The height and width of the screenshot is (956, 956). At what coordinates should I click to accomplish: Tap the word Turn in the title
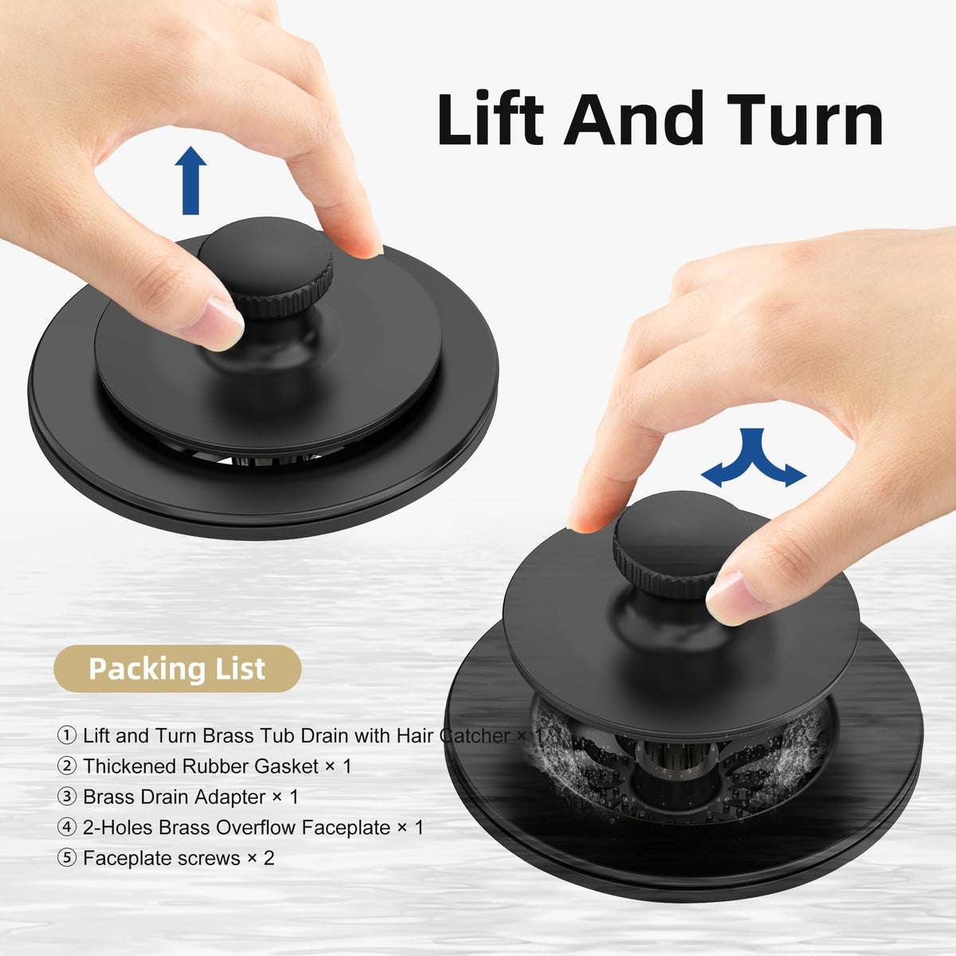[805, 118]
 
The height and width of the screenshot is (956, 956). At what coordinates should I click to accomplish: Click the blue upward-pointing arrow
[190, 180]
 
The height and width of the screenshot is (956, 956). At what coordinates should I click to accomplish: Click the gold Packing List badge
[177, 668]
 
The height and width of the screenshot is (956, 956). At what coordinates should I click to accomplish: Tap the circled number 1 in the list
[66, 735]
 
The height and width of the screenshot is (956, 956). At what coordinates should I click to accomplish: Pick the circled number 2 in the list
[66, 766]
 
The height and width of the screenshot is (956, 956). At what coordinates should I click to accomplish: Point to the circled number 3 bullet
[66, 797]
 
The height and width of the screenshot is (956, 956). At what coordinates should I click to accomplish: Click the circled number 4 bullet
[66, 828]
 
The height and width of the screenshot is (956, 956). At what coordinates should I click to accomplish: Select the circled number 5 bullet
[66, 858]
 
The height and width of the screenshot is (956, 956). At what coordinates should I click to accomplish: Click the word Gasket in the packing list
[286, 766]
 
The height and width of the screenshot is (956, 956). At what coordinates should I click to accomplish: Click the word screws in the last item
[209, 859]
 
